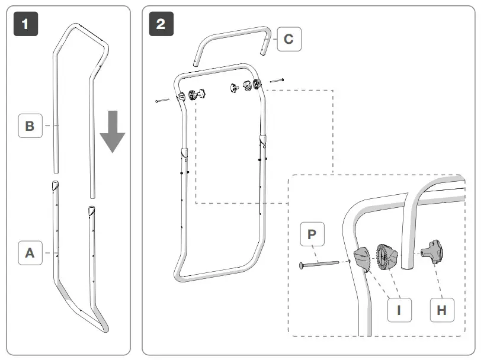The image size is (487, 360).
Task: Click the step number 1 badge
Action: coord(25,24)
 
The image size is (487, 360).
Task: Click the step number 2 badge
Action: coord(161,24)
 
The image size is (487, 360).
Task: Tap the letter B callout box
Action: coord(30,126)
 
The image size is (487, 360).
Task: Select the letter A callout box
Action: coord(30,253)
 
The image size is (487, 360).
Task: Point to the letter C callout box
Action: coord(289,39)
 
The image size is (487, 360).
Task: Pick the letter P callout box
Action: coord(312,234)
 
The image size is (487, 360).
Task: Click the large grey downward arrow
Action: coord(112,130)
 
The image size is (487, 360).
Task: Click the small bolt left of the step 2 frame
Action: coord(162,101)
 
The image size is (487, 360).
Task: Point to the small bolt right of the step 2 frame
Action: coord(277,79)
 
